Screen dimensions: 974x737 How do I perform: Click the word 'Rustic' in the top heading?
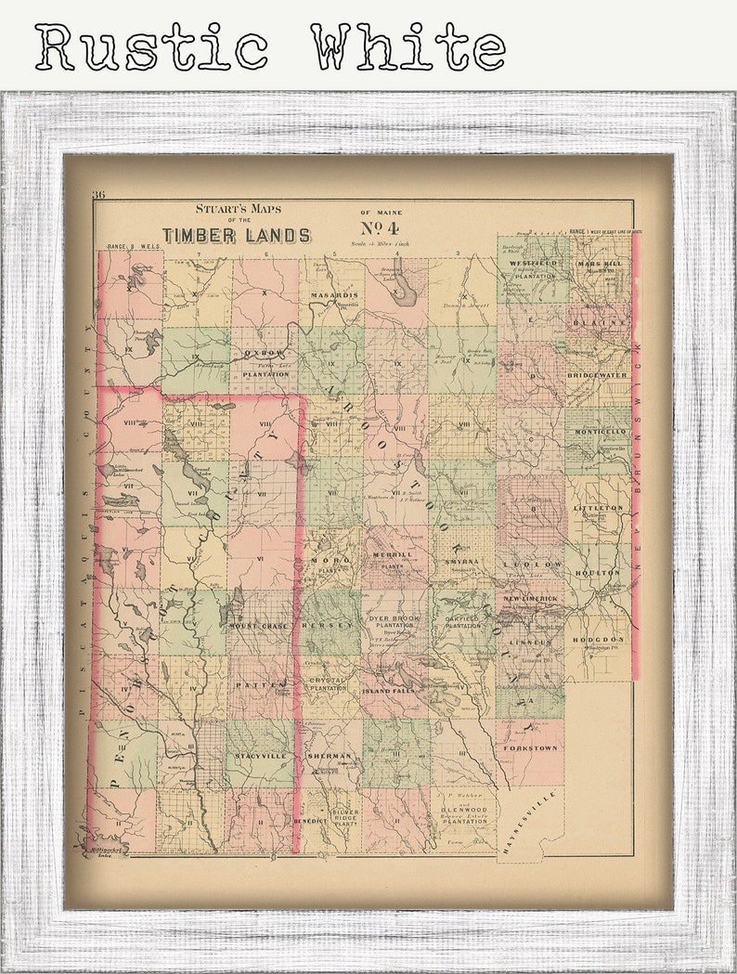(151, 46)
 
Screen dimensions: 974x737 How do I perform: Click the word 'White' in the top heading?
(408, 46)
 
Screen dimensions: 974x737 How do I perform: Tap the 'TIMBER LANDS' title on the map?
(237, 235)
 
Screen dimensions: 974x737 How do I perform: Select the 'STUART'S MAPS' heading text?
(237, 209)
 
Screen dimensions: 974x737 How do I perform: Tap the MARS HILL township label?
(601, 263)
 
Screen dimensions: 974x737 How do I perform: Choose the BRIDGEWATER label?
(598, 375)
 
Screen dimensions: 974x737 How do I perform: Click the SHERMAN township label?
(330, 757)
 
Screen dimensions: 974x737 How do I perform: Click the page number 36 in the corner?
(98, 195)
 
